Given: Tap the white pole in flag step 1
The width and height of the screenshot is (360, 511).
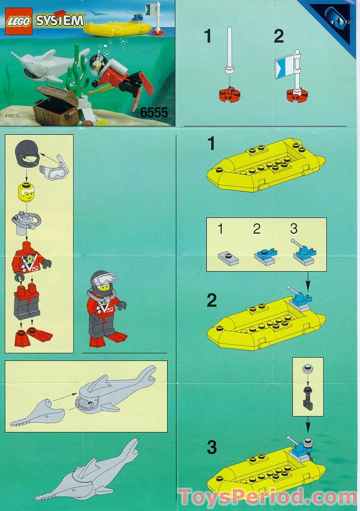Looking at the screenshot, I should point(230,49).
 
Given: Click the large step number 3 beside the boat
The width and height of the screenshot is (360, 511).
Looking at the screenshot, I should point(211,448).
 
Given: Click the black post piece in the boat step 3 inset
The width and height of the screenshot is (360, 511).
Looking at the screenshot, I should point(308,398).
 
